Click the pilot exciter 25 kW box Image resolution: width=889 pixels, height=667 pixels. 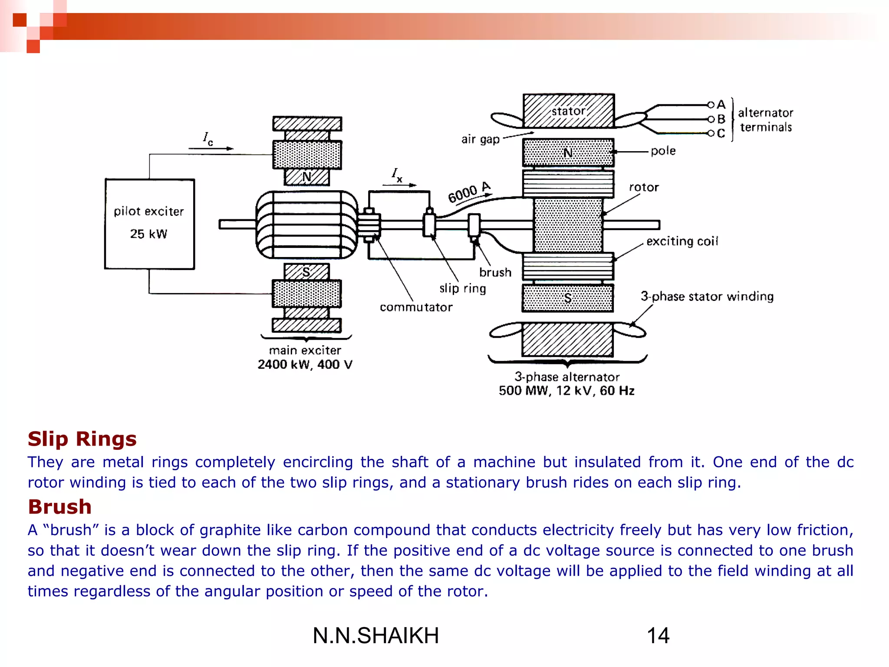pyautogui.click(x=149, y=224)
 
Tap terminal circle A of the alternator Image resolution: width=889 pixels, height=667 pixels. pyautogui.click(x=711, y=105)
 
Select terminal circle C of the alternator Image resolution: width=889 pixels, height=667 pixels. pyautogui.click(x=711, y=133)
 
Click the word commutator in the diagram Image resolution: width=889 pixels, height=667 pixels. pyautogui.click(x=416, y=307)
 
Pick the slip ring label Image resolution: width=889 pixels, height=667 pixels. pyautogui.click(x=462, y=288)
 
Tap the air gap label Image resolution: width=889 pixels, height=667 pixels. pyautogui.click(x=480, y=139)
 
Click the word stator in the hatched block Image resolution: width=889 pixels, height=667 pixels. pyautogui.click(x=568, y=112)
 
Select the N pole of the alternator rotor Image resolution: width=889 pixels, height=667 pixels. pyautogui.click(x=568, y=153)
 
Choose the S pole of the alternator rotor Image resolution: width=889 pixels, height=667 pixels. pyautogui.click(x=568, y=298)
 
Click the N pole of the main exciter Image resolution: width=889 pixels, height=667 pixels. pyautogui.click(x=306, y=177)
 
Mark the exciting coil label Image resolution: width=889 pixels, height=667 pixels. pyautogui.click(x=682, y=241)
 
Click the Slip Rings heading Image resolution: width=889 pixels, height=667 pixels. pyautogui.click(x=82, y=439)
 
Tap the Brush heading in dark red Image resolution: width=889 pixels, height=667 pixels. pyautogui.click(x=59, y=507)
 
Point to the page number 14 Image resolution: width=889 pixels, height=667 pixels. pyautogui.click(x=658, y=636)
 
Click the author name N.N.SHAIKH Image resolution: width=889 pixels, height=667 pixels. pyautogui.click(x=375, y=636)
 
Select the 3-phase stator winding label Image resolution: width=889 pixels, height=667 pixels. pyautogui.click(x=707, y=297)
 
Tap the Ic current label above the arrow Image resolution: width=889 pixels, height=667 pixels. pyautogui.click(x=208, y=139)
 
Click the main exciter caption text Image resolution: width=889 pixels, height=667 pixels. pyautogui.click(x=305, y=350)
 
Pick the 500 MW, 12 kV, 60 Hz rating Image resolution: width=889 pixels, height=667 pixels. pyautogui.click(x=566, y=391)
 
